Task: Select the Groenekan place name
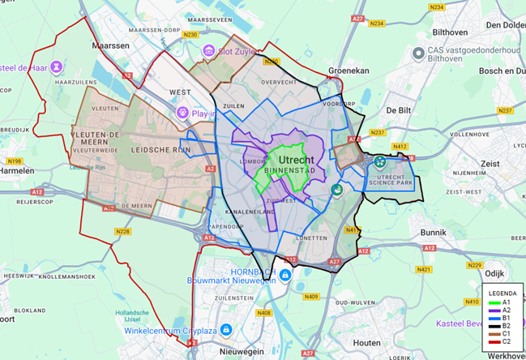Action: (348, 71)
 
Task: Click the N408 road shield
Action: (263, 313)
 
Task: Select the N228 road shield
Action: (123, 232)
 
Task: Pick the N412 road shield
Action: (400, 147)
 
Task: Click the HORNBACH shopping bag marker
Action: (286, 276)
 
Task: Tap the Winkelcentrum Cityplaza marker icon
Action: (226, 329)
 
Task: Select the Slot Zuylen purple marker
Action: (209, 51)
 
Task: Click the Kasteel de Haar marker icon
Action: (56, 66)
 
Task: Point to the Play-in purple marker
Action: (183, 113)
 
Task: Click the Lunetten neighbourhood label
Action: (310, 238)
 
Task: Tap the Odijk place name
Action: (494, 273)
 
